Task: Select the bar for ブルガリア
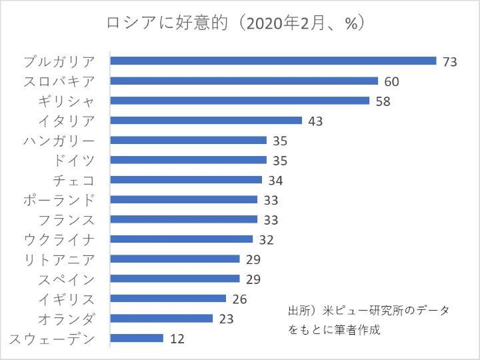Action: tap(273, 61)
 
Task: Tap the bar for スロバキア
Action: tap(244, 81)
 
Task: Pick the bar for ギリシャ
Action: tap(239, 101)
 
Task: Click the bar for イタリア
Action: tap(206, 121)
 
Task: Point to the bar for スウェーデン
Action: tap(137, 338)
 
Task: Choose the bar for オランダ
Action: tap(161, 318)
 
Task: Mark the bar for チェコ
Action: tap(186, 180)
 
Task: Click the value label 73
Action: tap(449, 61)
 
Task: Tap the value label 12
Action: tap(177, 339)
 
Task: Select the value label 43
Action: tap(315, 121)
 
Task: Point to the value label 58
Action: tap(383, 101)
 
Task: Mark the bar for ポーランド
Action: tap(183, 199)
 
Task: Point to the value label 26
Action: tap(239, 299)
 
